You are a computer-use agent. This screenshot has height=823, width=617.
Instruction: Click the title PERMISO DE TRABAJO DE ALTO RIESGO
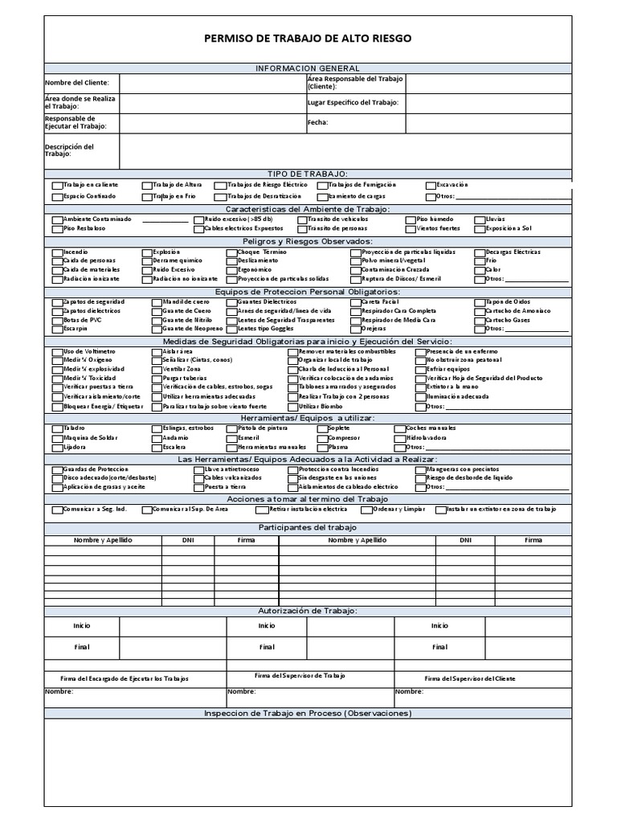(x=308, y=38)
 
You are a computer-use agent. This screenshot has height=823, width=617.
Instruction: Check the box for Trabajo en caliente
(x=56, y=185)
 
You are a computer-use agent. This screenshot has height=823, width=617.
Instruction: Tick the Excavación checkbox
(x=431, y=185)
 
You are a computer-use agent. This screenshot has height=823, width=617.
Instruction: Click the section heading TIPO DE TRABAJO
(x=308, y=174)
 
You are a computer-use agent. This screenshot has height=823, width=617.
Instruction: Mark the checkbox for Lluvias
(x=479, y=219)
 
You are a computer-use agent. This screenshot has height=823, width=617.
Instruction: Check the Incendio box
(x=56, y=252)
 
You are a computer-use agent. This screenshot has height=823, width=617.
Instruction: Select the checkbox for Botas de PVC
(x=56, y=320)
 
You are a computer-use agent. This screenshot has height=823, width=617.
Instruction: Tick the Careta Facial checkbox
(x=355, y=301)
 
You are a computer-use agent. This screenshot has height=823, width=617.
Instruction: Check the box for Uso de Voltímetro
(x=56, y=352)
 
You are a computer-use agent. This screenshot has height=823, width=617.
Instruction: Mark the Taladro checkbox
(x=56, y=428)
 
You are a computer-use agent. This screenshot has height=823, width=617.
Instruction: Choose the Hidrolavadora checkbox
(x=399, y=438)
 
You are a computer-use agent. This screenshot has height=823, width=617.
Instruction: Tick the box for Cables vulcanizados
(x=198, y=477)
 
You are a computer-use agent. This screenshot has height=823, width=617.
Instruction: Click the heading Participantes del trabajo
(x=308, y=527)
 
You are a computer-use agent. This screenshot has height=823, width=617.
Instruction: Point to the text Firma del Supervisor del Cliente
(x=470, y=678)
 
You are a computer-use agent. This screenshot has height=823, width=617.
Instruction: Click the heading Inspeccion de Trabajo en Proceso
(x=308, y=714)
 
